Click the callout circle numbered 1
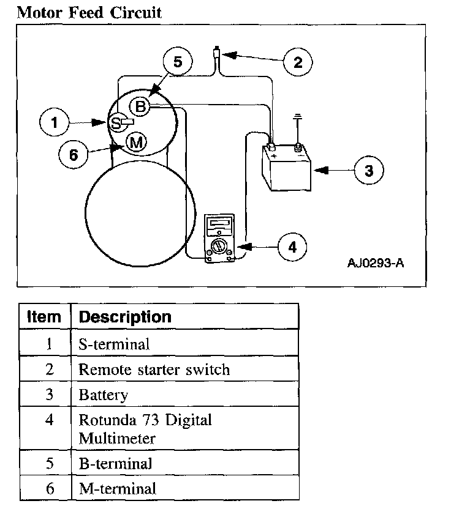(x=55, y=123)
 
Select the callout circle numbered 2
(x=298, y=62)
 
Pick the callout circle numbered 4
(x=292, y=247)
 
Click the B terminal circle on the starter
(x=140, y=107)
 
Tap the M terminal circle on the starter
(x=136, y=143)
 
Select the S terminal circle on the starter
(x=116, y=123)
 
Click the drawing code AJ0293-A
(x=375, y=263)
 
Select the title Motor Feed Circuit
(x=89, y=12)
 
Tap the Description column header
(x=126, y=317)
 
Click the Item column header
(x=45, y=317)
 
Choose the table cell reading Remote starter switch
(x=154, y=370)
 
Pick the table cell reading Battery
(x=104, y=395)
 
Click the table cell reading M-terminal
(x=118, y=488)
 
